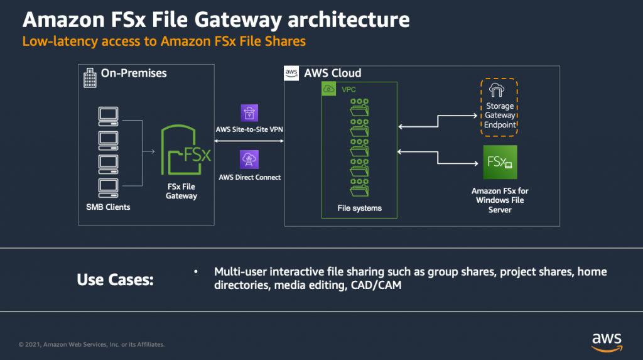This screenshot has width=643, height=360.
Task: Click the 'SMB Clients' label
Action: [x=108, y=206]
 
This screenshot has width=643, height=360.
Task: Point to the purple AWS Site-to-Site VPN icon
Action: [x=249, y=113]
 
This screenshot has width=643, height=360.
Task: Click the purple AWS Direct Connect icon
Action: [x=249, y=158]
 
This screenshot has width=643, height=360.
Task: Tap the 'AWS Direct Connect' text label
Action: [x=249, y=177]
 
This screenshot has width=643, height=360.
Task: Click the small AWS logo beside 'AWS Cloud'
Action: [x=291, y=73]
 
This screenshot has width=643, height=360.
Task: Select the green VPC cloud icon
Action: [x=330, y=89]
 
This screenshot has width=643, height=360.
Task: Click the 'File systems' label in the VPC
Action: [x=359, y=208]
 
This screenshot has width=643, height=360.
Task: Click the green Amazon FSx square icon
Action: [x=500, y=162]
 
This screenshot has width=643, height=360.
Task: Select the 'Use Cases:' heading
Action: [x=115, y=280]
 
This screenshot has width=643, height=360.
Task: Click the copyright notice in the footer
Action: [x=92, y=344]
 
